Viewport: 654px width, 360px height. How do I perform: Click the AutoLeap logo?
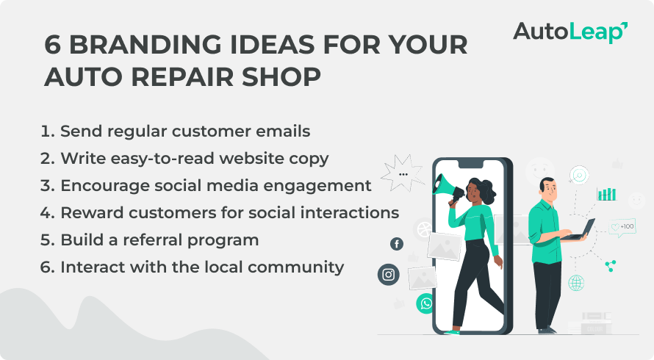570,32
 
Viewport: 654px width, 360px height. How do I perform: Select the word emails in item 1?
283,131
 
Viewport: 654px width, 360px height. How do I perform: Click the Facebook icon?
397,244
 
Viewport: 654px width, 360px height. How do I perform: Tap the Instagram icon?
388,275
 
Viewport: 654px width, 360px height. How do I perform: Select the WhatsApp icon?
426,303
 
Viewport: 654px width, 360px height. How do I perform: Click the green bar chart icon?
606,194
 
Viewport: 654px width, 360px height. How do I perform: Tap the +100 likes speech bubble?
622,227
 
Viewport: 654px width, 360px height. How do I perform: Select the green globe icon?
576,283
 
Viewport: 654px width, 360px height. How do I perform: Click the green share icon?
611,266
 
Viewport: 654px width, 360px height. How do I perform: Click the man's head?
548,189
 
